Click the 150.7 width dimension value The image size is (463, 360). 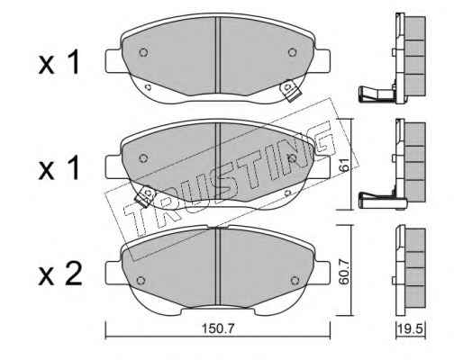point(218,329)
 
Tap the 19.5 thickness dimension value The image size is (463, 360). point(411,329)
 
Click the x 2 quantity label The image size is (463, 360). point(60,273)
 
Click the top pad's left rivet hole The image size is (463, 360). point(143,52)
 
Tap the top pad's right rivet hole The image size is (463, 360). point(292,52)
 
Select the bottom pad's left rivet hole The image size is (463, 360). point(141,281)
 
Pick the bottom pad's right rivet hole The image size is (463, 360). point(295,281)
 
